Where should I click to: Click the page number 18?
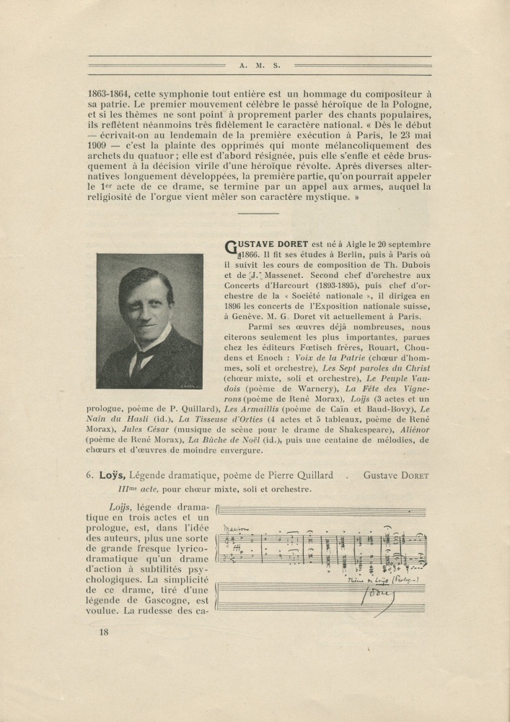(103, 632)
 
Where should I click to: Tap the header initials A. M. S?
(259, 65)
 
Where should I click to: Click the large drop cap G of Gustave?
(233, 249)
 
